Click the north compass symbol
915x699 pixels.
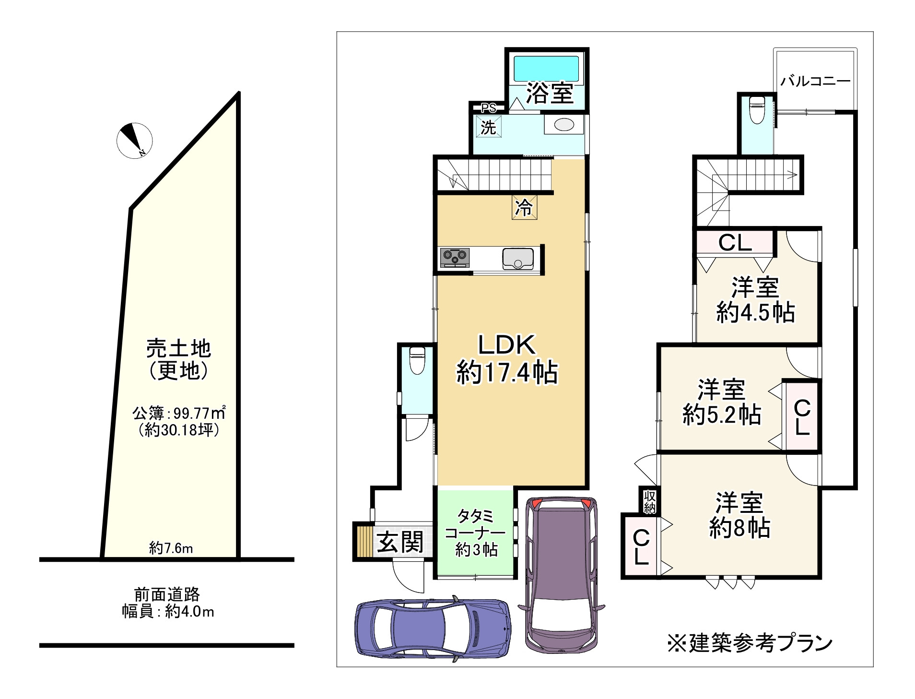(x=134, y=141)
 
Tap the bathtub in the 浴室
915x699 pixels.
(x=546, y=69)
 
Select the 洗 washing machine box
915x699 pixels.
(x=489, y=127)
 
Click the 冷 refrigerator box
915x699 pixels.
(x=524, y=207)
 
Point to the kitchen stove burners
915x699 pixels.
(x=455, y=257)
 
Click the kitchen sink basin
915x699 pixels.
(x=518, y=259)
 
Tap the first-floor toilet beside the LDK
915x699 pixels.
(x=416, y=361)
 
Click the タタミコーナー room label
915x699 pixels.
(x=475, y=533)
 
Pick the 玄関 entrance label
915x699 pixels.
(x=399, y=542)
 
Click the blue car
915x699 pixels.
(x=433, y=628)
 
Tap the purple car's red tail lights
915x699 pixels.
(x=560, y=504)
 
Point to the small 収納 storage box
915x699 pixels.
(x=649, y=501)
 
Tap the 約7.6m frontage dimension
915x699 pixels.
(x=171, y=547)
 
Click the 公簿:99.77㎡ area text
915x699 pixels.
(x=179, y=413)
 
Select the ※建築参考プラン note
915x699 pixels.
(x=750, y=643)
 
